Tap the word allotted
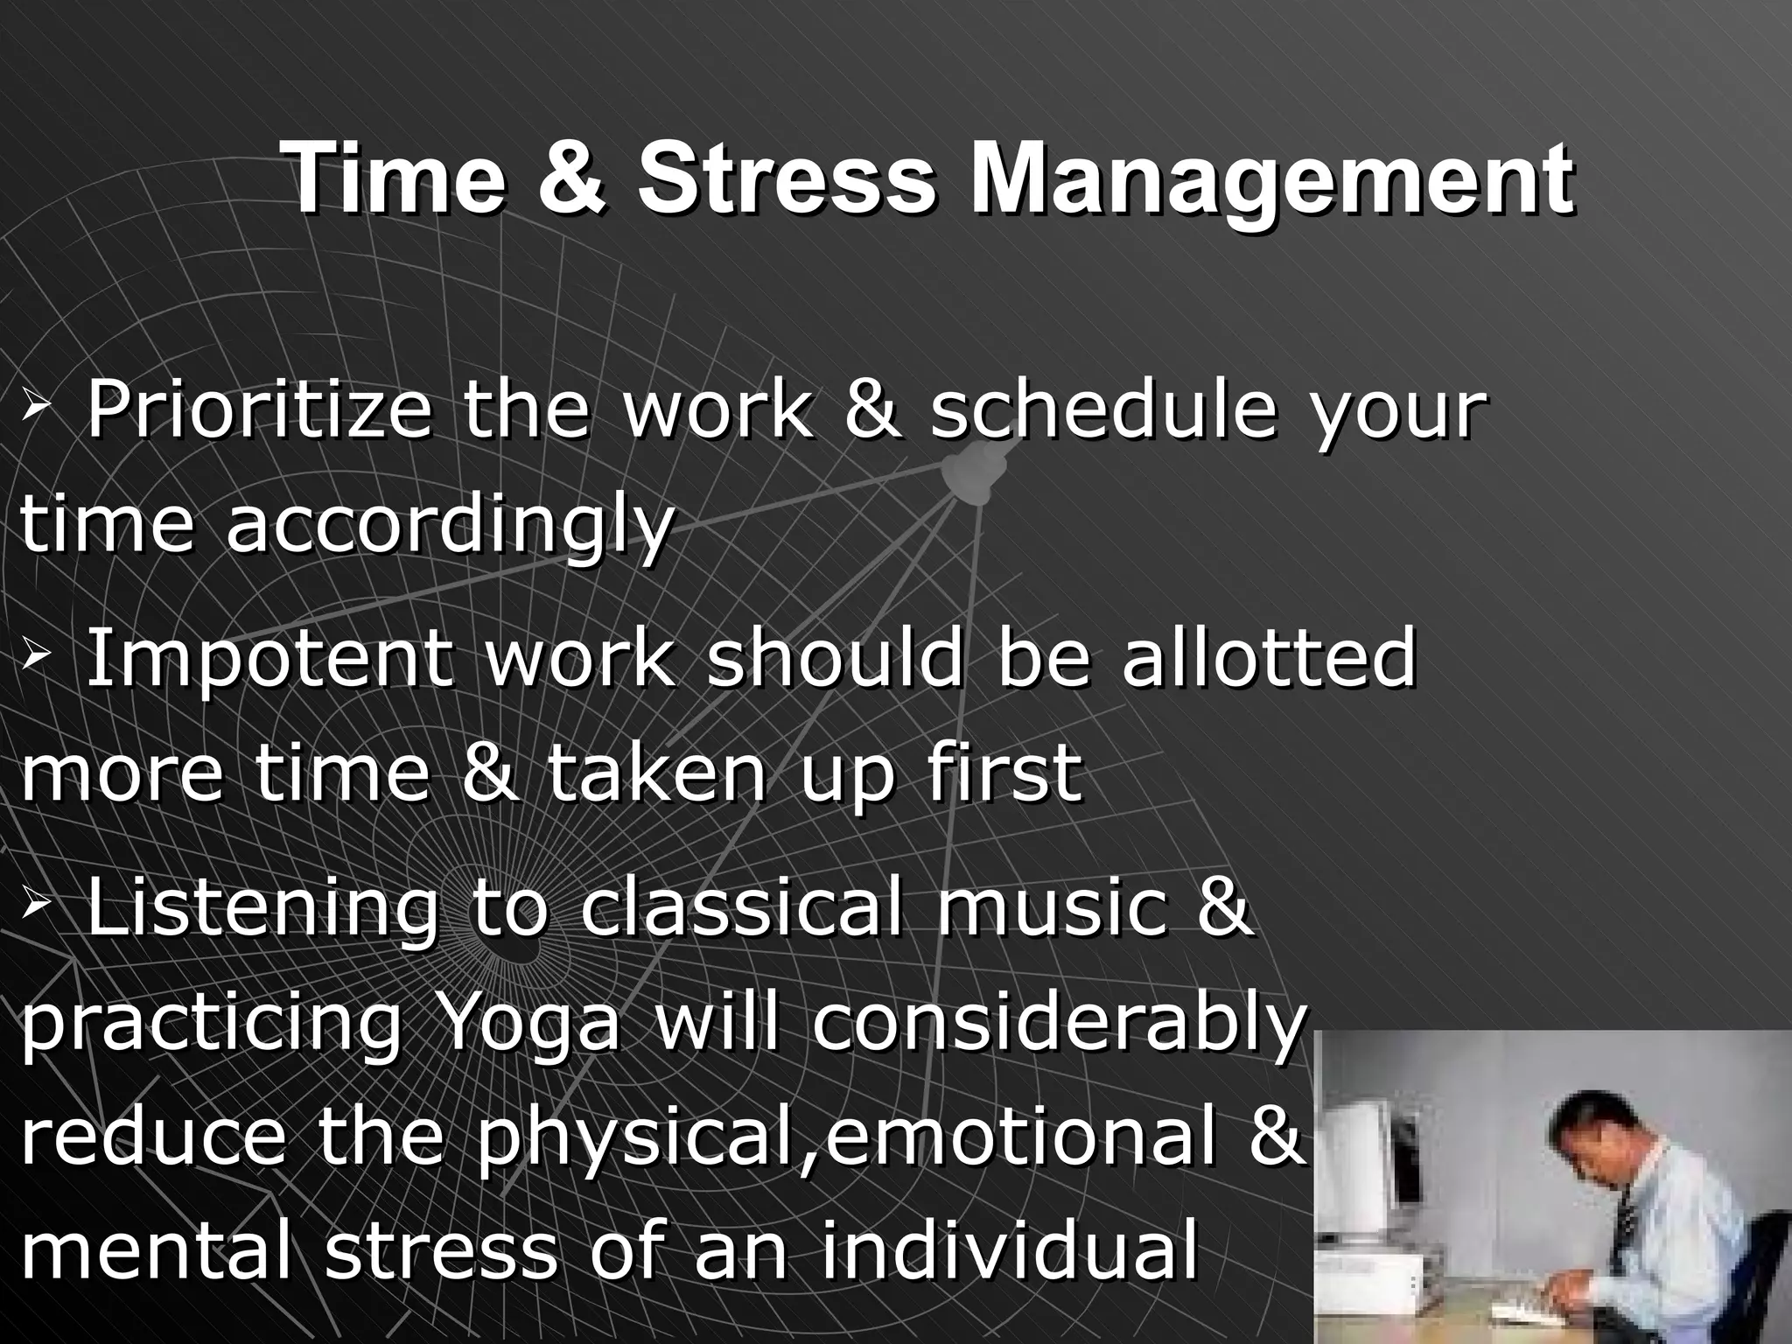click(x=1268, y=658)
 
